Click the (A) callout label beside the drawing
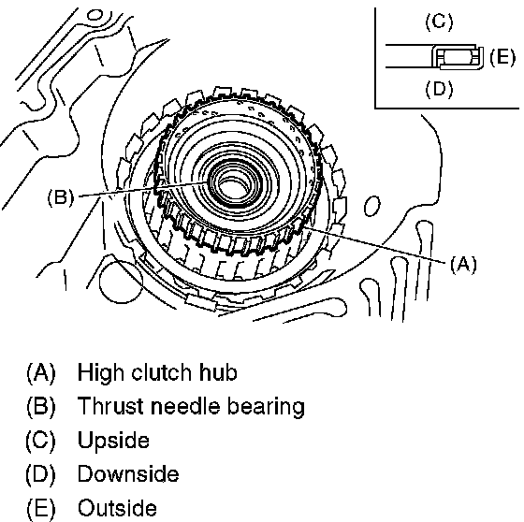pos(463,265)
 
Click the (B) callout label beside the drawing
pos(61,197)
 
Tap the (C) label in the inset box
pos(439,22)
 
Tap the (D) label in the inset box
pos(439,89)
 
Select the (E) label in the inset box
pos(502,57)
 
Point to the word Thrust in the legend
pos(111,406)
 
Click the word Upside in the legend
pos(113,441)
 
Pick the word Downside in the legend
pos(128,473)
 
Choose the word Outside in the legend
pos(117,507)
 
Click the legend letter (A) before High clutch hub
pos(41,373)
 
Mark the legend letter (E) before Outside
pos(41,508)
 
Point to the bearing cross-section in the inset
pos(458,56)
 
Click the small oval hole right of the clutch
pos(371,206)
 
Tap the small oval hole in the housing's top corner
pos(95,15)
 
